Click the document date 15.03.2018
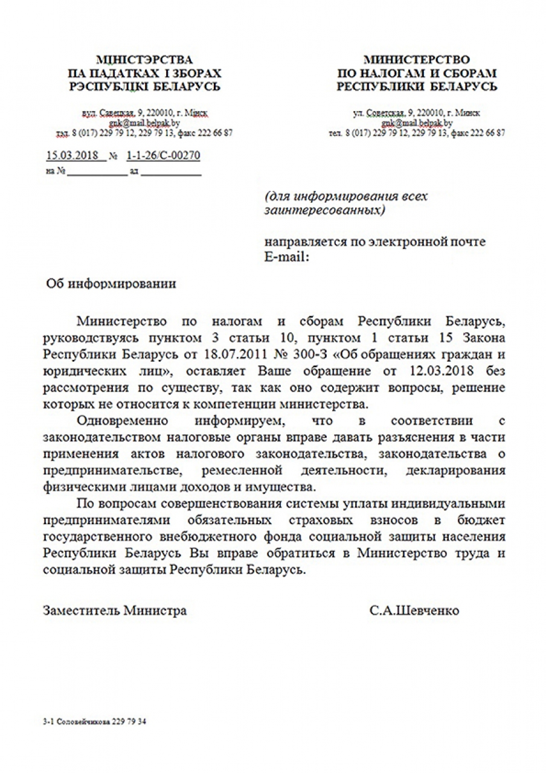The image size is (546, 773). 72,156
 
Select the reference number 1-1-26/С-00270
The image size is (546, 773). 163,156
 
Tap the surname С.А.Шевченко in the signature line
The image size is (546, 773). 414,611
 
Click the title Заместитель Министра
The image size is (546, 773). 115,611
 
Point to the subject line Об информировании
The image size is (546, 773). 112,284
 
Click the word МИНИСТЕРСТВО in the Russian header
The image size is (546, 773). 417,60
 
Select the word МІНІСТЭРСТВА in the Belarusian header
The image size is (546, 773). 145,60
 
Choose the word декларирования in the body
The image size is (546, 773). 461,469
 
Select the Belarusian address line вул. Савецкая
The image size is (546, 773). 145,114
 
